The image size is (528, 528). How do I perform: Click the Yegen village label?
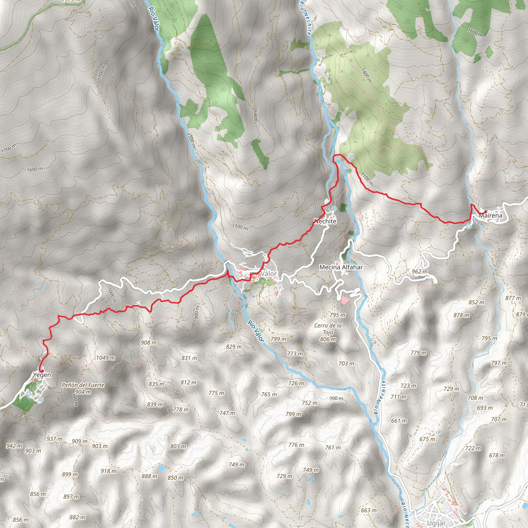click(42, 375)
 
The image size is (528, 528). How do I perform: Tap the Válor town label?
click(268, 274)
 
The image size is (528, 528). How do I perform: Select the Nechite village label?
click(325, 221)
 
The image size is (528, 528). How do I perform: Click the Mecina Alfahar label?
click(341, 267)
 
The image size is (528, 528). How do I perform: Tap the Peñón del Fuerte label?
click(83, 385)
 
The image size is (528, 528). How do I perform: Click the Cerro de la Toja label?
click(328, 329)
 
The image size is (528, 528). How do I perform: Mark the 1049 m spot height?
click(105, 358)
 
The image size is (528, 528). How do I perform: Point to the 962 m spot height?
click(419, 271)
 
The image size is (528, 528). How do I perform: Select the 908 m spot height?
click(149, 342)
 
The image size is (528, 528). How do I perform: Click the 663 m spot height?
click(369, 510)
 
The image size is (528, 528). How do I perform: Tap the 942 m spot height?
click(14, 446)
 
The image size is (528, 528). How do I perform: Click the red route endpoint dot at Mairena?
click(485, 211)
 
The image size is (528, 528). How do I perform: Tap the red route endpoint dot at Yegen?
click(42, 370)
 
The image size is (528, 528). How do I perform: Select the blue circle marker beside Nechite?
click(334, 209)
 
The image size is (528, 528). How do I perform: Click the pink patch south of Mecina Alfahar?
click(345, 300)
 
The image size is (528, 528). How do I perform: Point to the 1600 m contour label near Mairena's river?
click(475, 32)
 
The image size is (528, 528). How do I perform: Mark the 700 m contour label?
click(336, 399)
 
